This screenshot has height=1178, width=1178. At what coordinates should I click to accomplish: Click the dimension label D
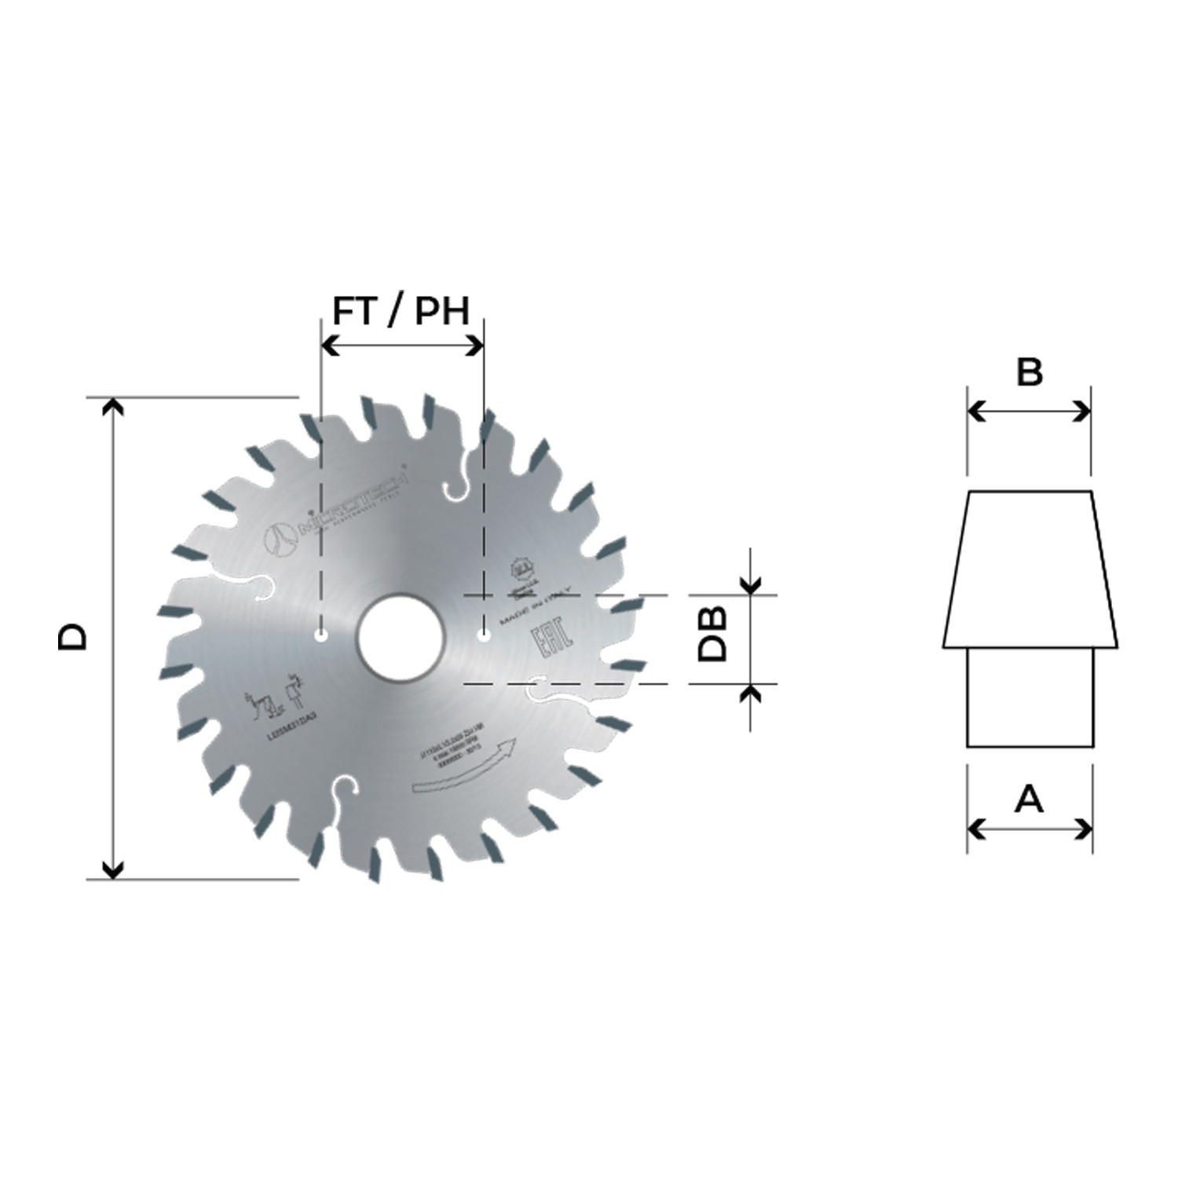tap(73, 637)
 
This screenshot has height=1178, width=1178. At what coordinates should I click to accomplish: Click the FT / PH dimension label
tap(401, 311)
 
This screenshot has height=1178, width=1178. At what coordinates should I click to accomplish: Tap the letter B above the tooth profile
tap(1029, 372)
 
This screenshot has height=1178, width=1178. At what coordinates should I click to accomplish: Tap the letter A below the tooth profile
tap(1029, 799)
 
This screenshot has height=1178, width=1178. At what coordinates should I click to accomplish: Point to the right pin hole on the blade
tap(484, 635)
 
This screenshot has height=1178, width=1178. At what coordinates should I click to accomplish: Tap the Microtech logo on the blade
tap(338, 514)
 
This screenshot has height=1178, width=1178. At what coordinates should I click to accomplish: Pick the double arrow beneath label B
tap(1029, 411)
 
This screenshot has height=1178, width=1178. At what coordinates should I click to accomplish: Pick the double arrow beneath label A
tap(1029, 829)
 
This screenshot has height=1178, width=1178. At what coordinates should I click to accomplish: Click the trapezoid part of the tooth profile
tap(1030, 569)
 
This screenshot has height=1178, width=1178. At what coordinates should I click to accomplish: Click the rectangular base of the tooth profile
tap(1030, 697)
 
